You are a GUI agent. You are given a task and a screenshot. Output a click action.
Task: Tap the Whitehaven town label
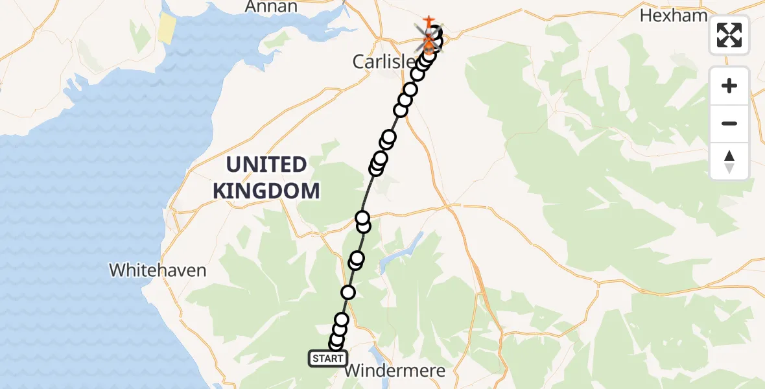click(158, 270)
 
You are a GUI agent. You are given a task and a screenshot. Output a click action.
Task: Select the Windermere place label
click(395, 371)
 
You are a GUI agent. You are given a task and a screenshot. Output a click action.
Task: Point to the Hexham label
click(674, 16)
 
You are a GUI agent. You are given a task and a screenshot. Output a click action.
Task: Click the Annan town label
click(272, 6)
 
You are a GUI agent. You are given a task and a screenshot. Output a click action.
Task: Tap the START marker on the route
click(327, 359)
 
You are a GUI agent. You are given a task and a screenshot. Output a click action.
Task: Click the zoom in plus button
click(729, 86)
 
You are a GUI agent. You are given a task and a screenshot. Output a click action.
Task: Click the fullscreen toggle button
click(729, 34)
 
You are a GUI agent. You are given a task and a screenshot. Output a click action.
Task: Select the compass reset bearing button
click(729, 161)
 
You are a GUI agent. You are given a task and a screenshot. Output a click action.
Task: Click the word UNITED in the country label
click(266, 165)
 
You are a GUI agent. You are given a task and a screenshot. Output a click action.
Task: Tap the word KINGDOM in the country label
click(266, 191)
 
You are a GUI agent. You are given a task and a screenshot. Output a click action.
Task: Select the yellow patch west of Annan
click(167, 29)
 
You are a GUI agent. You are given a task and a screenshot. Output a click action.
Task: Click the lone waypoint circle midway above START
click(348, 292)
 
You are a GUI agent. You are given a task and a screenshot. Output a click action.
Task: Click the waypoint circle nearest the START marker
click(335, 344)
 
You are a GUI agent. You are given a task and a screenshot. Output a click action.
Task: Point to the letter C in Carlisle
click(359, 62)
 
